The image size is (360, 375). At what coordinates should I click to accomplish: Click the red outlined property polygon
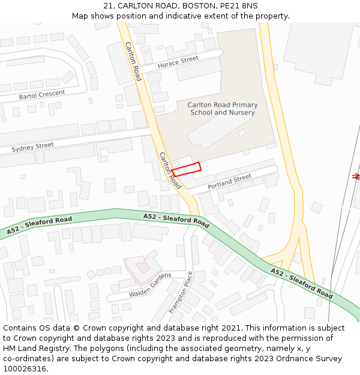click(185, 169)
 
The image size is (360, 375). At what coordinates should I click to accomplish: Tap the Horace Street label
click(178, 61)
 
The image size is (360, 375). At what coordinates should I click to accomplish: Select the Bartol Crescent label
click(41, 95)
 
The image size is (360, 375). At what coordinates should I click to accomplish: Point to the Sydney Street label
click(32, 146)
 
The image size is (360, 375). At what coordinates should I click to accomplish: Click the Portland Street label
click(229, 182)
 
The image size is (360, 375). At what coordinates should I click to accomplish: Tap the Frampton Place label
click(181, 292)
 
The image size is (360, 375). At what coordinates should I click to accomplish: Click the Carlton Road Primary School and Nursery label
click(223, 109)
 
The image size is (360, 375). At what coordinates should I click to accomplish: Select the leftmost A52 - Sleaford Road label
click(40, 225)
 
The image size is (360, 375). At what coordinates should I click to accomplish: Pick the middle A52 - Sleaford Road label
click(176, 220)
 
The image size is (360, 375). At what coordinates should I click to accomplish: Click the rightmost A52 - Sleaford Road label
click(301, 283)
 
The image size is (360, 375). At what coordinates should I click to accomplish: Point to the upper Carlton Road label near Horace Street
click(133, 61)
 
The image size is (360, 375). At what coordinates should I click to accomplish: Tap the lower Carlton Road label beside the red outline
click(170, 170)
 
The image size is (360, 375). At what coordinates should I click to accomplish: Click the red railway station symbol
click(356, 176)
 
